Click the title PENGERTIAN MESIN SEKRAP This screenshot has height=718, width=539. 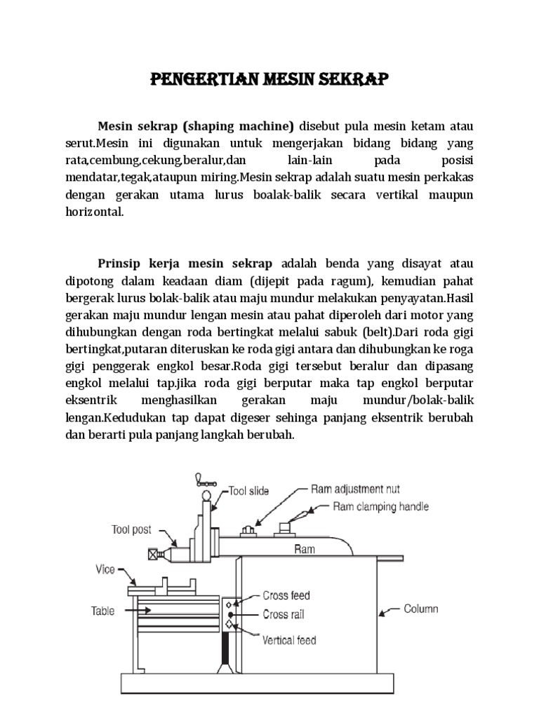[x=269, y=79]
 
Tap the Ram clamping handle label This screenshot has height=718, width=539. [x=380, y=506]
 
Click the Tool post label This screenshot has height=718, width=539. [x=131, y=530]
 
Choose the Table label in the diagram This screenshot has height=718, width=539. [x=102, y=611]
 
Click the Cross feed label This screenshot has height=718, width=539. [x=286, y=596]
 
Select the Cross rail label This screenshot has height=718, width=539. [x=284, y=615]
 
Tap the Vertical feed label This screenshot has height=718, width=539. [x=289, y=639]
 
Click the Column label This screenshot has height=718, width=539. [x=421, y=609]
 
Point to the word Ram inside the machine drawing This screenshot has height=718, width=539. [x=305, y=549]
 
